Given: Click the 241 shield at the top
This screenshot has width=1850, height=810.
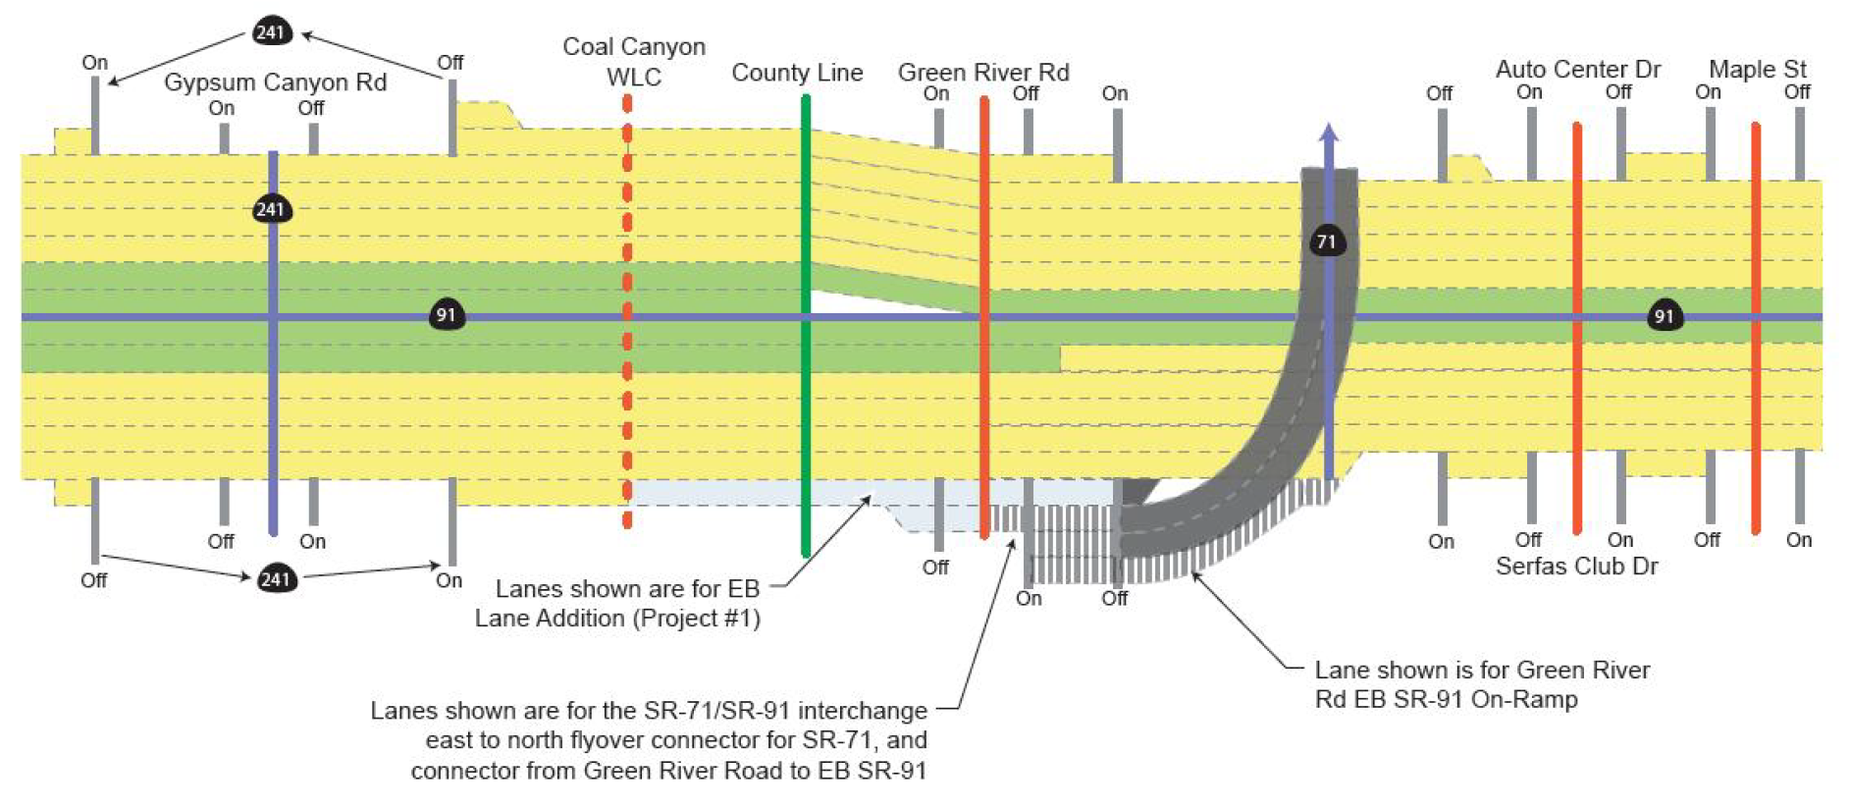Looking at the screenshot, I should pos(270,31).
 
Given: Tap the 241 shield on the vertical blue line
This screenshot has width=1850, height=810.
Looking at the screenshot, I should pos(271,209).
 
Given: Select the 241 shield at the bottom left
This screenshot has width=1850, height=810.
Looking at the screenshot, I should pos(276,578).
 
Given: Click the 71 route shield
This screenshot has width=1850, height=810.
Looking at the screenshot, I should pos(1326,242).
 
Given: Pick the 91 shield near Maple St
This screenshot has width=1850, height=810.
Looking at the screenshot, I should pos(1664,316).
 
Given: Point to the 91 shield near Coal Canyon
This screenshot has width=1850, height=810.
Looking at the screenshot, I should pos(447,315).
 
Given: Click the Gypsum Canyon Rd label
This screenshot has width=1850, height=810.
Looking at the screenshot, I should pos(275,81).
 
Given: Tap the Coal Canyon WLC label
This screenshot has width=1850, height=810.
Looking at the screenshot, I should pos(634,61).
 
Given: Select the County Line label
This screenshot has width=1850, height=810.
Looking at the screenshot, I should pos(797,73).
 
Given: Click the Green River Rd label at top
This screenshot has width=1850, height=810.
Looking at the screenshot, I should pos(983,72).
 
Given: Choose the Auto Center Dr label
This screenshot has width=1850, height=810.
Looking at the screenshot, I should pos(1577,69).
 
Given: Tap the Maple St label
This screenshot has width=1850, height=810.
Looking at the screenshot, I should pos(1757,69).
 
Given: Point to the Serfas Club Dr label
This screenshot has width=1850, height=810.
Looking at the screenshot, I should pos(1576,567).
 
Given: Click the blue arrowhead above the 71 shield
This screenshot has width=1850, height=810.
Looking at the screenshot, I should pos(1328,133).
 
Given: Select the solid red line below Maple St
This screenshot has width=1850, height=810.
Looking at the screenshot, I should pos(1756,412).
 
